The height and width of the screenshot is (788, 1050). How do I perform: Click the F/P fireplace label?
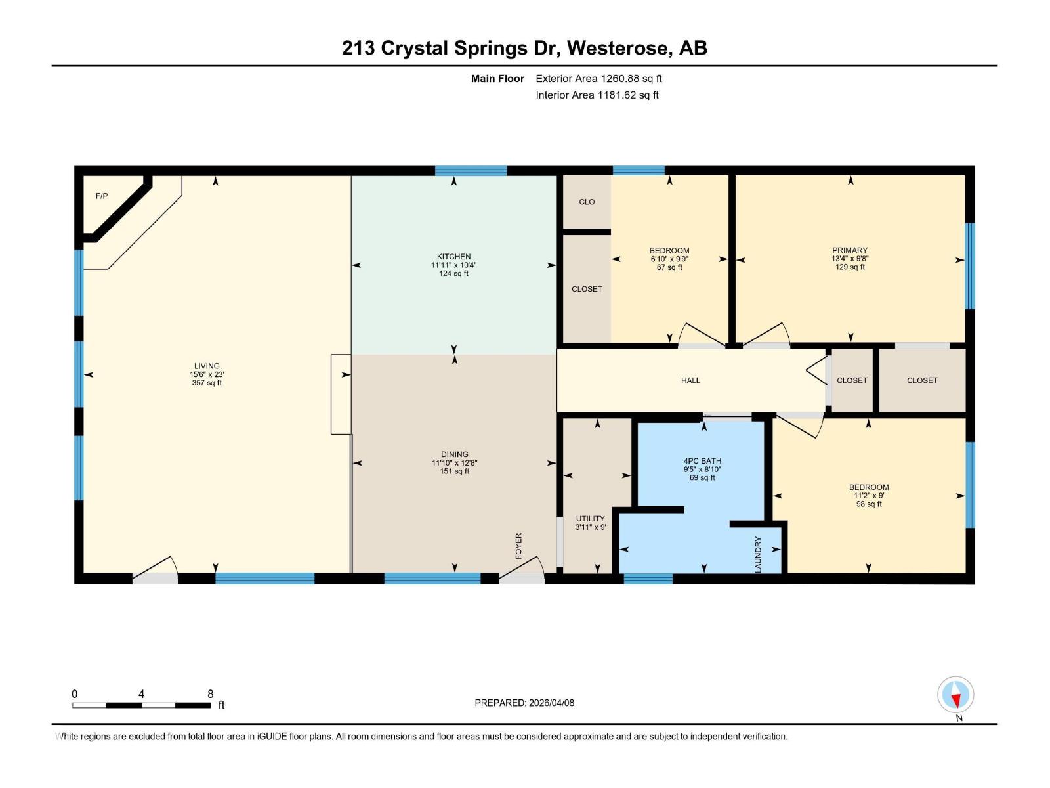pos(102,196)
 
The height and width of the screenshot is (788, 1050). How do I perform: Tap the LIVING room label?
pos(207,366)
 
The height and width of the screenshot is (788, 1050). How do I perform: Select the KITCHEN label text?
pos(454,257)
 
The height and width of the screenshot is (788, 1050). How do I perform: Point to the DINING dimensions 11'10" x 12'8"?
pos(454,463)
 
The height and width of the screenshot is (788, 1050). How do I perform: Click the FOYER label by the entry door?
pos(518,546)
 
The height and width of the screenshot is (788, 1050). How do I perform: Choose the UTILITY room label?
pos(590,519)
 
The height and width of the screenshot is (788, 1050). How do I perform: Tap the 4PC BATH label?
pos(702,461)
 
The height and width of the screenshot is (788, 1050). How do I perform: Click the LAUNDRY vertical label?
pos(759,554)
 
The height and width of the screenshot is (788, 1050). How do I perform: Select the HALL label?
pos(690,380)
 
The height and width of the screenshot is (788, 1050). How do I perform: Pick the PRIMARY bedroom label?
pos(850,250)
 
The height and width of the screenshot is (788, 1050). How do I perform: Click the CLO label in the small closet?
pos(587,202)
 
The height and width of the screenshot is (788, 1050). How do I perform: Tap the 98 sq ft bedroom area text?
pos(869,504)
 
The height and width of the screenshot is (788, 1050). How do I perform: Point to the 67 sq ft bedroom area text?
pos(669,267)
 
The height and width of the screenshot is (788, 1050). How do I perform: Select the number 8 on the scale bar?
pos(211,694)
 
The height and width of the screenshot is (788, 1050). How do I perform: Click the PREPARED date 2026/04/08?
pos(551,703)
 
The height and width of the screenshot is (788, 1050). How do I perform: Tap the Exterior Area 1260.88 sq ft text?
pos(598,79)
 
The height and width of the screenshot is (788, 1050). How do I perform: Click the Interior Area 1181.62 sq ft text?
pos(597,95)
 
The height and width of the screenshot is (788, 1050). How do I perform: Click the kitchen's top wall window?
pos(471,171)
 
